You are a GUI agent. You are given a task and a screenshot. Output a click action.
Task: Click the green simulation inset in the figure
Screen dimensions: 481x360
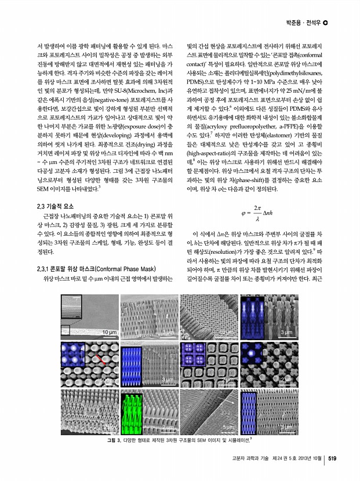click(132, 411)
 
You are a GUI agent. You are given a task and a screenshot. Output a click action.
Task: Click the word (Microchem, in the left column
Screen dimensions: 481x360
click(134, 89)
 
